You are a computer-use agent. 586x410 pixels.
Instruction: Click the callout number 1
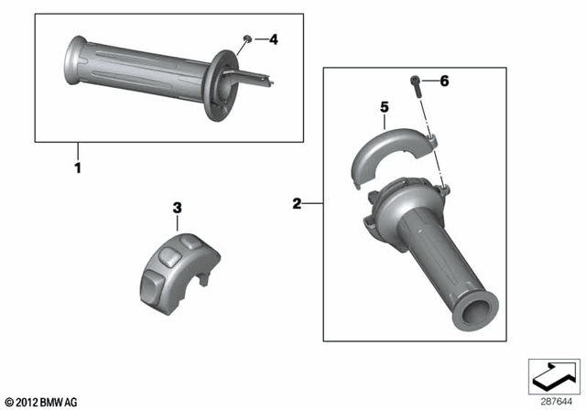pos(78,168)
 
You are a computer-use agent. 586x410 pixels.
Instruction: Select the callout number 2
pos(297,203)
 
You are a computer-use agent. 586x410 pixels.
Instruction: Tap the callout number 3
pos(177,208)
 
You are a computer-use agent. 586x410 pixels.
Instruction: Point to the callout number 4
pos(274,39)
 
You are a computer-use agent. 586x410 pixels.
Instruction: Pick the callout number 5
pos(385,108)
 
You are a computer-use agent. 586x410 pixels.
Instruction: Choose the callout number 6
pos(444,81)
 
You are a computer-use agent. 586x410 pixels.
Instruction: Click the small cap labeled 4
pos(247,38)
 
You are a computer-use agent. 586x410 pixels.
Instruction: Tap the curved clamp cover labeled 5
pos(388,148)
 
